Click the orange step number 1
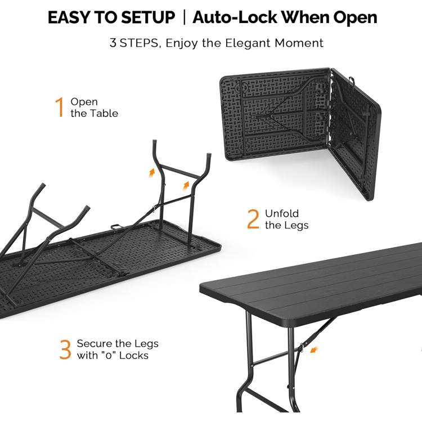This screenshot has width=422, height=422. (60, 107)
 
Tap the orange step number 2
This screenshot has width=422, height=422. (253, 219)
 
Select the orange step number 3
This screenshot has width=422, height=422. (65, 349)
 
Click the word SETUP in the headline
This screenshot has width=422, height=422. (148, 17)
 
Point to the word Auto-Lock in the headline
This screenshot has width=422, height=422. (235, 17)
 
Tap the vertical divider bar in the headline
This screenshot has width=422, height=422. (184, 17)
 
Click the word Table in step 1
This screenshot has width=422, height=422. (104, 113)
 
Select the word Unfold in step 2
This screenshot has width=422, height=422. (282, 213)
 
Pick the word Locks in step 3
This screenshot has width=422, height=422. (134, 355)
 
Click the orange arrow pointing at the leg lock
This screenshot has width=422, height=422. (314, 349)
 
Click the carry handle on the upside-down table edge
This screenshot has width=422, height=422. (116, 227)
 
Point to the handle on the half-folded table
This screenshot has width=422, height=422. (352, 80)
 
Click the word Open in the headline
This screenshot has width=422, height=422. (355, 19)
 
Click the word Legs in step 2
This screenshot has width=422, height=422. (297, 226)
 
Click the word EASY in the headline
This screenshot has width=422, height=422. (69, 17)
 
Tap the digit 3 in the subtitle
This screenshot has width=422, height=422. (113, 43)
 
